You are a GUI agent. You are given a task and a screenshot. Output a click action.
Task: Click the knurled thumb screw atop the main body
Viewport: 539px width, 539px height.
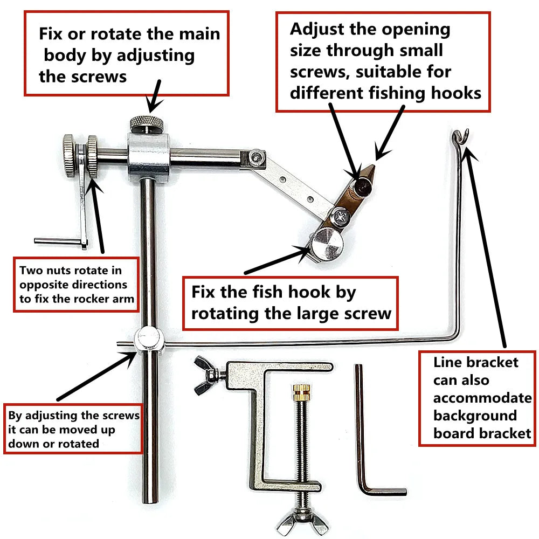pyautogui.click(x=146, y=124)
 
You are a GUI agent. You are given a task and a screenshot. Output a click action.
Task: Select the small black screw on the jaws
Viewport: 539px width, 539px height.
pyautogui.click(x=361, y=186)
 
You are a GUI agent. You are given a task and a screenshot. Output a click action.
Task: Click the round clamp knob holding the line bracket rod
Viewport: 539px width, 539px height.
pyautogui.click(x=148, y=340)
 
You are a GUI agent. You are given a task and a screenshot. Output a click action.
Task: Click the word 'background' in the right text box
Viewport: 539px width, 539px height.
pyautogui.click(x=474, y=416)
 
